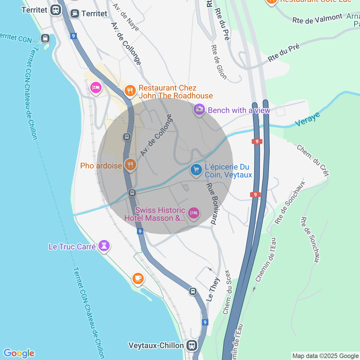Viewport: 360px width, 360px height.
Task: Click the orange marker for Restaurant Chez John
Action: click(x=130, y=91)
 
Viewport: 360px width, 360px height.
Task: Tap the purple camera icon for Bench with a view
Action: click(x=199, y=109)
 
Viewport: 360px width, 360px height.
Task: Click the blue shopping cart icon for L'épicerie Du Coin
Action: click(x=196, y=170)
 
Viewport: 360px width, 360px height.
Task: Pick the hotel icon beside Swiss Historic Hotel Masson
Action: click(x=193, y=213)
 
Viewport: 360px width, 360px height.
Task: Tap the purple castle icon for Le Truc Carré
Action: click(x=104, y=246)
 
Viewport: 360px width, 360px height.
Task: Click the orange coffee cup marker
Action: click(x=138, y=278)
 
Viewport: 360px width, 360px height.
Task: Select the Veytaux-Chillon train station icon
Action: click(x=192, y=345)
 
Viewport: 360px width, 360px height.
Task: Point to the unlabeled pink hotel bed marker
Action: click(x=96, y=87)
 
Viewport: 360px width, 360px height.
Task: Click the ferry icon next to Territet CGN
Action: click(x=45, y=38)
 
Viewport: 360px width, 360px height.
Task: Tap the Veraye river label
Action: click(x=308, y=119)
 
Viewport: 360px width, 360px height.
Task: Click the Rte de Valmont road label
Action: click(x=317, y=19)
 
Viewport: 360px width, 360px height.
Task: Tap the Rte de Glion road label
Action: click(x=219, y=62)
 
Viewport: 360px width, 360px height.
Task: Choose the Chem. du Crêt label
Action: click(x=313, y=160)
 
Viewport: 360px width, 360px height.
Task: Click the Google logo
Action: click(x=19, y=353)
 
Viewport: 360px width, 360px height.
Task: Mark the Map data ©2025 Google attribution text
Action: click(x=325, y=356)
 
